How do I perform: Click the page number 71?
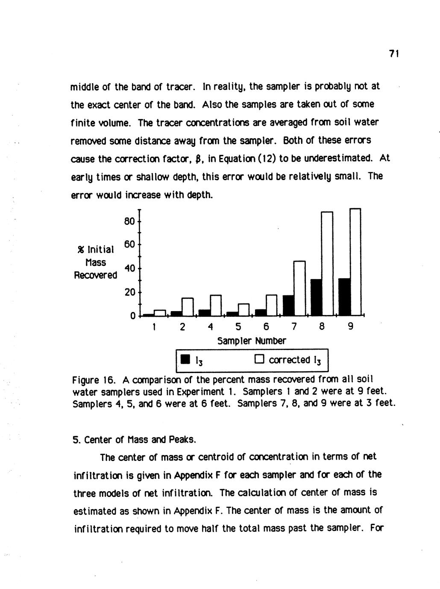coord(393,54)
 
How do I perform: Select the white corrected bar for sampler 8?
coord(327,263)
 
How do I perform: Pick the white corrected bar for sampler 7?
coord(299,288)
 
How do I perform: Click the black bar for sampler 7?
coord(288,305)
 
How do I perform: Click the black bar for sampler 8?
coord(316,297)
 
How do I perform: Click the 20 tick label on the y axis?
coord(130,292)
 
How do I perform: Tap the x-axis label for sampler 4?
coord(210,327)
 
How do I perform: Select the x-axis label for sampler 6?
coord(266,327)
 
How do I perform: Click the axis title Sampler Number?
coord(252,341)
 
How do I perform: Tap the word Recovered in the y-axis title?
coord(95,275)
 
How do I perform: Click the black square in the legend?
coord(185,360)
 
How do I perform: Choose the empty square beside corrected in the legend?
coord(259,359)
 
